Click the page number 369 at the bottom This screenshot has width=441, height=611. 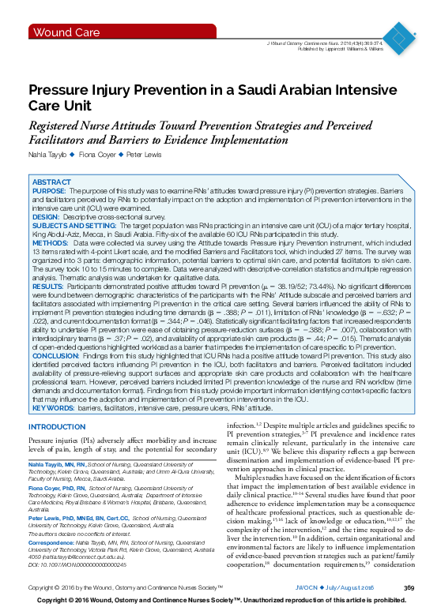tap(409, 589)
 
